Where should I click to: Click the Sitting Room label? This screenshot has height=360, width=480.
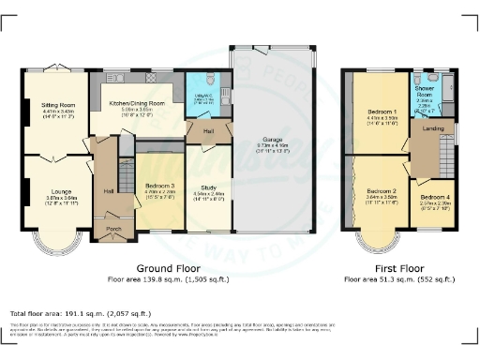59,105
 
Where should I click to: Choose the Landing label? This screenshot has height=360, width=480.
433,128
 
